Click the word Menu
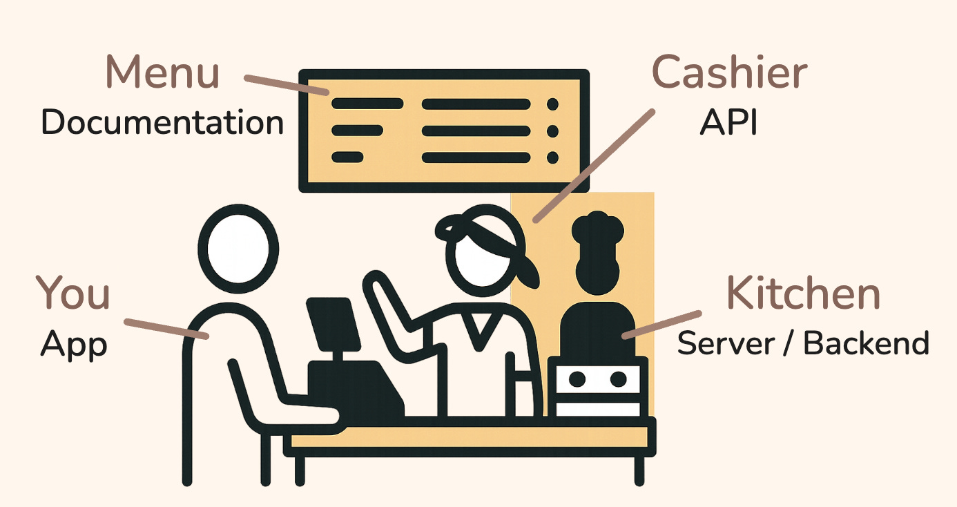(x=162, y=72)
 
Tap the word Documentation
(x=162, y=123)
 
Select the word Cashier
(x=729, y=72)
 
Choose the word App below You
(x=74, y=343)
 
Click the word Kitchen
(x=803, y=293)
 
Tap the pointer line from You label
(x=166, y=329)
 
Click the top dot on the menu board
(x=552, y=104)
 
